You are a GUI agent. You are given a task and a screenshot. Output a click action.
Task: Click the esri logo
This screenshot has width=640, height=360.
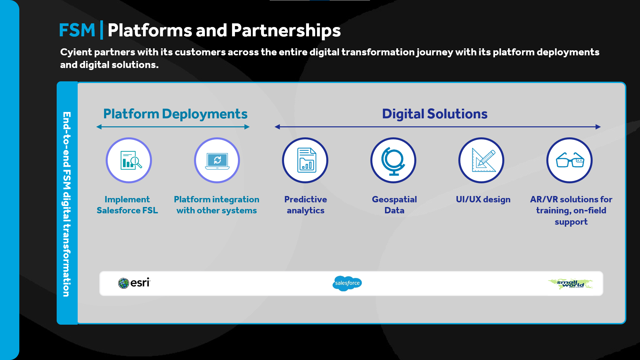134,283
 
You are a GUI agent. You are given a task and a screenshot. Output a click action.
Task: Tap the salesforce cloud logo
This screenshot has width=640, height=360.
347,283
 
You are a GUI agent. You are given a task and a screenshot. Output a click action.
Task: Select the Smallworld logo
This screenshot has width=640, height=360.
571,284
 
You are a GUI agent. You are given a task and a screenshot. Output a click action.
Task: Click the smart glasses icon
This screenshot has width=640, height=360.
570,160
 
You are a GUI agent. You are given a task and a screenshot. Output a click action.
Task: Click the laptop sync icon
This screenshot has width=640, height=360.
217,161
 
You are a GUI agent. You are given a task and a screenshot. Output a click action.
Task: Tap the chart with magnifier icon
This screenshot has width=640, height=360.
131,160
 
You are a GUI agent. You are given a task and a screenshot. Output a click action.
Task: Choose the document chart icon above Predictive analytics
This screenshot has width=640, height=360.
306,160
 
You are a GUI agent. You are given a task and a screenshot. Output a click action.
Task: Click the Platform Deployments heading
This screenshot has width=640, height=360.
175,114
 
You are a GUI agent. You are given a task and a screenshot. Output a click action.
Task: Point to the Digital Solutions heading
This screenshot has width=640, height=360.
435,114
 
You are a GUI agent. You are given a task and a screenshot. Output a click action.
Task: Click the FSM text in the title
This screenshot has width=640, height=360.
77,30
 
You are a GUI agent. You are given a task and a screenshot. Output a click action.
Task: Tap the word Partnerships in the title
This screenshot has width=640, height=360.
286,31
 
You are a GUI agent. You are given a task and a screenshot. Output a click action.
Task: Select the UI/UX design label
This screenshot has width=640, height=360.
483,199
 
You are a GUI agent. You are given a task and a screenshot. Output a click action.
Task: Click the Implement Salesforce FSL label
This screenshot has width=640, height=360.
127,205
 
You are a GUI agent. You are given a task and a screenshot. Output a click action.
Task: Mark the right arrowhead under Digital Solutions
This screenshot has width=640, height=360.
598,127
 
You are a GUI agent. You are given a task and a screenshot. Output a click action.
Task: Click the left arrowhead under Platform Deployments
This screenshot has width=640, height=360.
99,127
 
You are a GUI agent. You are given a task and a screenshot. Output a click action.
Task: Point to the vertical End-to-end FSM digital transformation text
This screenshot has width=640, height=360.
67,204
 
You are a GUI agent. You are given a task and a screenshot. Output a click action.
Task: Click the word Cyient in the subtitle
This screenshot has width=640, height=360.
76,52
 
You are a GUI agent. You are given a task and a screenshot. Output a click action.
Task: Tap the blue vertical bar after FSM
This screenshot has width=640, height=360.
102,30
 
